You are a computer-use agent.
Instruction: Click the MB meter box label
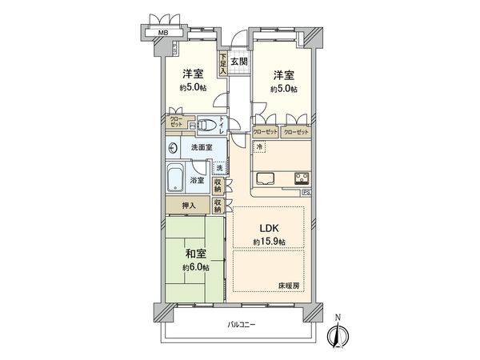pyautogui.click(x=162, y=33)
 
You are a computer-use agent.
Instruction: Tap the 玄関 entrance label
pyautogui.click(x=239, y=61)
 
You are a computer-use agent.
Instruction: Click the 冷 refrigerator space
pyautogui.click(x=261, y=148)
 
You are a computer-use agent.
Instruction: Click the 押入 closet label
pyautogui.click(x=182, y=206)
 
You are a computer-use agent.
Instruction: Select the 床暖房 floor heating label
pyautogui.click(x=289, y=286)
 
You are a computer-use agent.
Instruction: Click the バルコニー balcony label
pyautogui.click(x=241, y=326)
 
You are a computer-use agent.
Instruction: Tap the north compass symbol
pyautogui.click(x=337, y=336)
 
